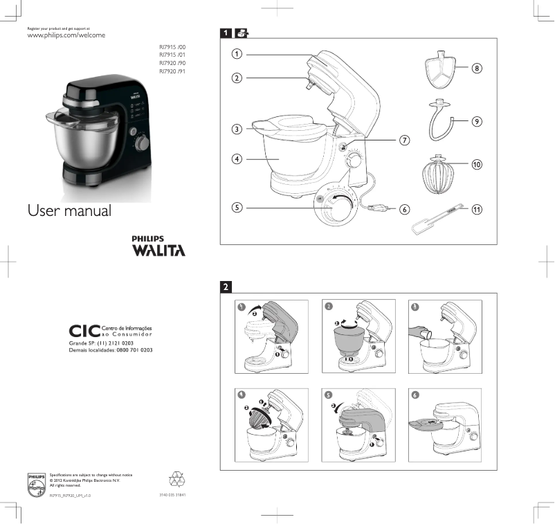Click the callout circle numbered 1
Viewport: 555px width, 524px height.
tap(237, 53)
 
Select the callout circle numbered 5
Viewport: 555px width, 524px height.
tap(237, 206)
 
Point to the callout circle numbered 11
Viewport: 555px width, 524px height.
tap(477, 208)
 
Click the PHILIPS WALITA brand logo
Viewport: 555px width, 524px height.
tap(158, 246)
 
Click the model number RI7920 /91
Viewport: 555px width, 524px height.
tap(172, 71)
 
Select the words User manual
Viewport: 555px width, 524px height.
tap(69, 210)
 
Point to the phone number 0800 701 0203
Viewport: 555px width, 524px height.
tap(134, 350)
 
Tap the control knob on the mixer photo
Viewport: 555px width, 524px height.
tap(143, 143)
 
